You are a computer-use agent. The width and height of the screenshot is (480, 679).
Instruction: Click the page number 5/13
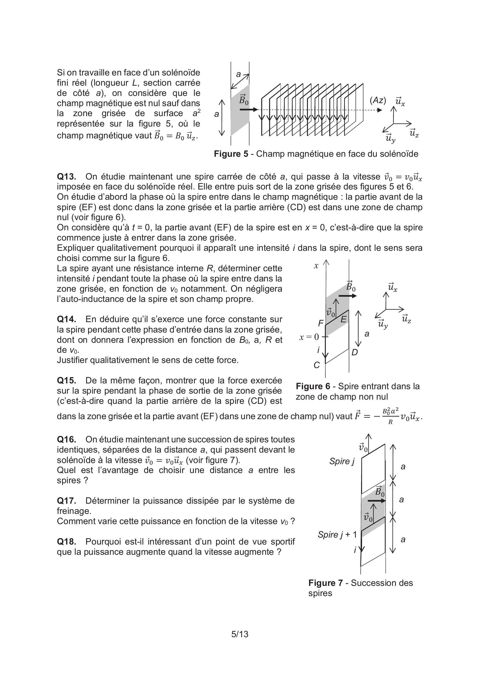coord(240,634)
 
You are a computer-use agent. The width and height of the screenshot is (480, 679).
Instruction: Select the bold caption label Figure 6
coord(313,386)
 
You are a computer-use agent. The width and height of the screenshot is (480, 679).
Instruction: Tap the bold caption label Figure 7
coord(325,583)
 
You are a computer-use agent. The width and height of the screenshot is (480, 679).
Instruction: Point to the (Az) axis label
coord(378,101)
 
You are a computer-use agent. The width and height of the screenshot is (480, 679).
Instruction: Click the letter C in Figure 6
coord(317,365)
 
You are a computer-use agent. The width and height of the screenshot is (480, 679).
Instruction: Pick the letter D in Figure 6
coord(355,352)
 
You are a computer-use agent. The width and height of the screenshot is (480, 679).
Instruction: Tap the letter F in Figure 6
coord(321,323)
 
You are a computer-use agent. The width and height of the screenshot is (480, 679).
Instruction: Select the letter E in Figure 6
coord(343,319)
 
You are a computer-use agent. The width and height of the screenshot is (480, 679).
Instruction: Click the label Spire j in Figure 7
coord(342,461)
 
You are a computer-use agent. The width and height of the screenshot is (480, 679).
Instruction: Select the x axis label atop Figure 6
coord(316,266)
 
